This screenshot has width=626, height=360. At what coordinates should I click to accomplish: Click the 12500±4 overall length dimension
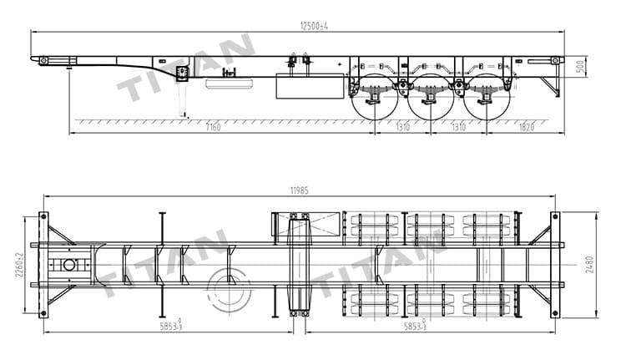315,25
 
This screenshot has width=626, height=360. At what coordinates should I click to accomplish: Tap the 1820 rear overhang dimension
526,127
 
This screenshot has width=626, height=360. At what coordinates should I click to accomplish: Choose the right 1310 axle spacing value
458,127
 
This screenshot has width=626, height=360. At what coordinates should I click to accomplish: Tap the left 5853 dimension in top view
171,326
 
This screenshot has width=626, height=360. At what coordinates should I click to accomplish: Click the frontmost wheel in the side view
373,98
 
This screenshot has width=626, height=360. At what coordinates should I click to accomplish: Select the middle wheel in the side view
430,98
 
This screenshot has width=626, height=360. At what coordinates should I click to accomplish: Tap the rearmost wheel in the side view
486,98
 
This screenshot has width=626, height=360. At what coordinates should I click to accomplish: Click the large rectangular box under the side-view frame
310,86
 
